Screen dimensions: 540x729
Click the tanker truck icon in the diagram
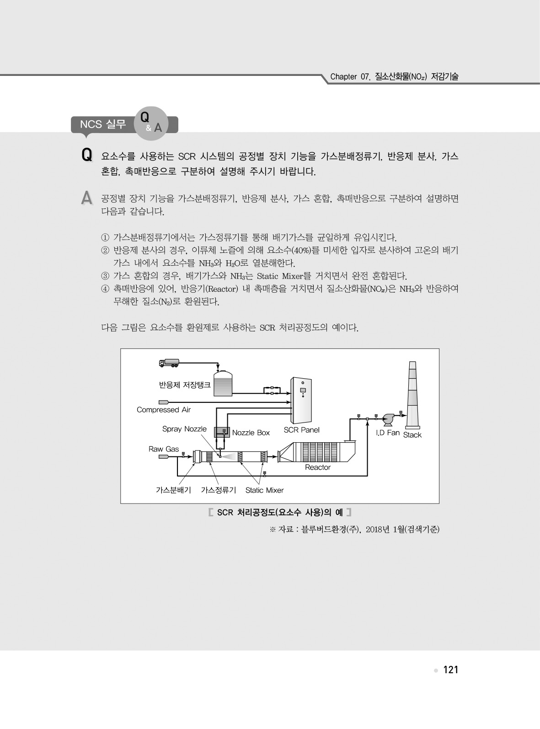(169, 363)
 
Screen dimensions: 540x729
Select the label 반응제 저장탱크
(185, 385)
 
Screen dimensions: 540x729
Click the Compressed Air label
(164, 409)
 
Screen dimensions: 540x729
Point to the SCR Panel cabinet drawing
(301, 400)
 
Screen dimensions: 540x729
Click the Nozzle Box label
(251, 433)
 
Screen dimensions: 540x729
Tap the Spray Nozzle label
(184, 429)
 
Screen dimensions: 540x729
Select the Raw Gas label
(164, 449)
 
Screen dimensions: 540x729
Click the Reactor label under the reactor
(317, 467)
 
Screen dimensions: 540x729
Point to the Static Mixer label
(264, 490)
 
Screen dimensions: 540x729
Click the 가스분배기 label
(173, 490)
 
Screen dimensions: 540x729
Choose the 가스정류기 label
(218, 490)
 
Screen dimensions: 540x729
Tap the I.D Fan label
(388, 433)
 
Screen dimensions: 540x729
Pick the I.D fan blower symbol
(389, 419)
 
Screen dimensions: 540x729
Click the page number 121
(450, 670)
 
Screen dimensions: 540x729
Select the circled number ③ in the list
(105, 276)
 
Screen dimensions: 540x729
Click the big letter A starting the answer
(86, 198)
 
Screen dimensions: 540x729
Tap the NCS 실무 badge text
(103, 124)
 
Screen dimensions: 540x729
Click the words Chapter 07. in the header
(350, 77)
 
